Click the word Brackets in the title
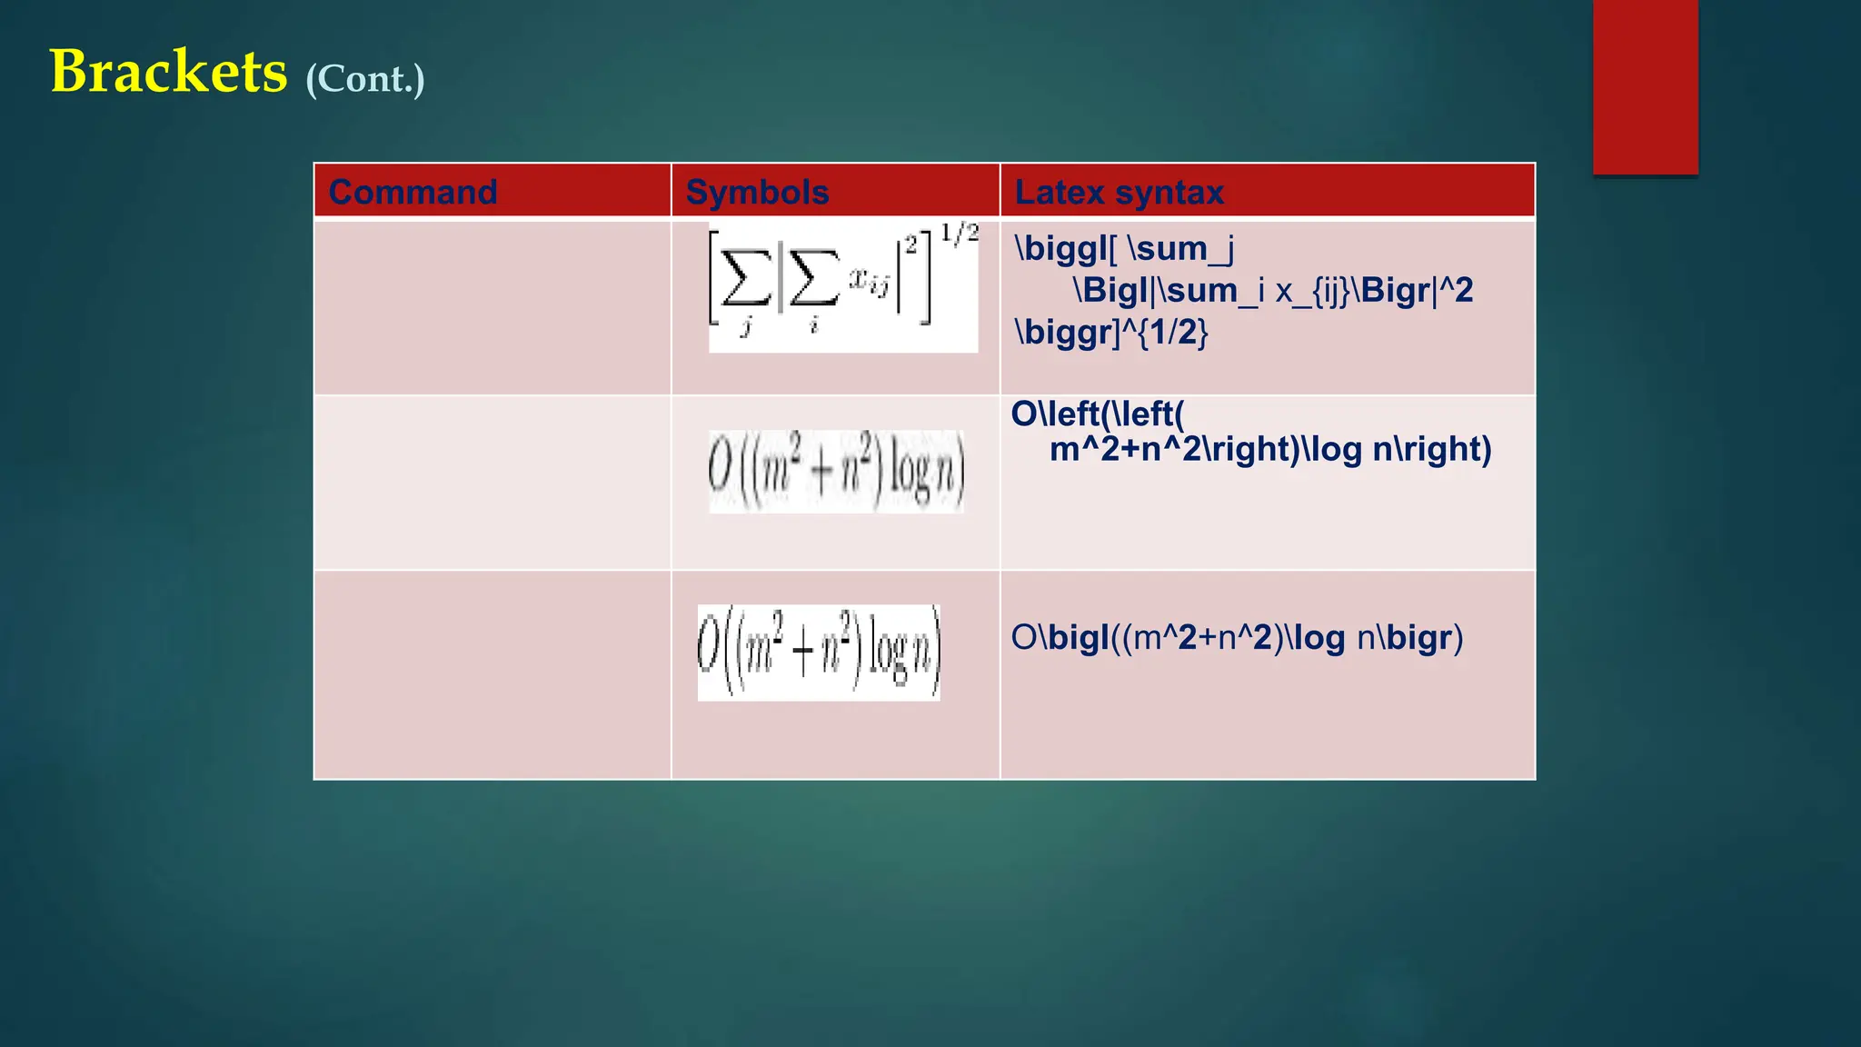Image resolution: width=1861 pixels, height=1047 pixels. click(x=168, y=72)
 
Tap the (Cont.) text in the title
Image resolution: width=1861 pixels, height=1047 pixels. click(x=365, y=79)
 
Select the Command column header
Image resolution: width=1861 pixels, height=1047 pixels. click(x=413, y=192)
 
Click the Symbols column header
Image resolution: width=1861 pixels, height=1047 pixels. click(x=757, y=192)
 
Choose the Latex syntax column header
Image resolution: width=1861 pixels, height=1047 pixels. click(x=1119, y=192)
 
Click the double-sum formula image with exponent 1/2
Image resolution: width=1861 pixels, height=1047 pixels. click(x=842, y=285)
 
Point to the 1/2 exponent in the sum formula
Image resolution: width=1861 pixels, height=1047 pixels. click(x=960, y=234)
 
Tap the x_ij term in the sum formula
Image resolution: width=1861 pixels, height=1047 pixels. click(x=869, y=283)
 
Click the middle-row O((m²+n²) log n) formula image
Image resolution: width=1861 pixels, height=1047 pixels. click(x=836, y=472)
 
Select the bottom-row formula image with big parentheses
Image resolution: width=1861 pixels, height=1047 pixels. click(x=819, y=653)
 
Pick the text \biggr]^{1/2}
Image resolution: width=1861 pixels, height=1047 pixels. click(x=1111, y=332)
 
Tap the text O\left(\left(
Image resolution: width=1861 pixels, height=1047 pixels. click(x=1098, y=414)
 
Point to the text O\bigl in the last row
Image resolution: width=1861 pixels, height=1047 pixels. click(x=1060, y=637)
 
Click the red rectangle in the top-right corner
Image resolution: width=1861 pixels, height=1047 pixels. click(x=1645, y=86)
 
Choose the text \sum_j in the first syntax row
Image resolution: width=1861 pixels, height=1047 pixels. click(x=1179, y=248)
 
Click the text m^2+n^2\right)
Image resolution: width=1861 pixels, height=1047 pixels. click(x=1175, y=449)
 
